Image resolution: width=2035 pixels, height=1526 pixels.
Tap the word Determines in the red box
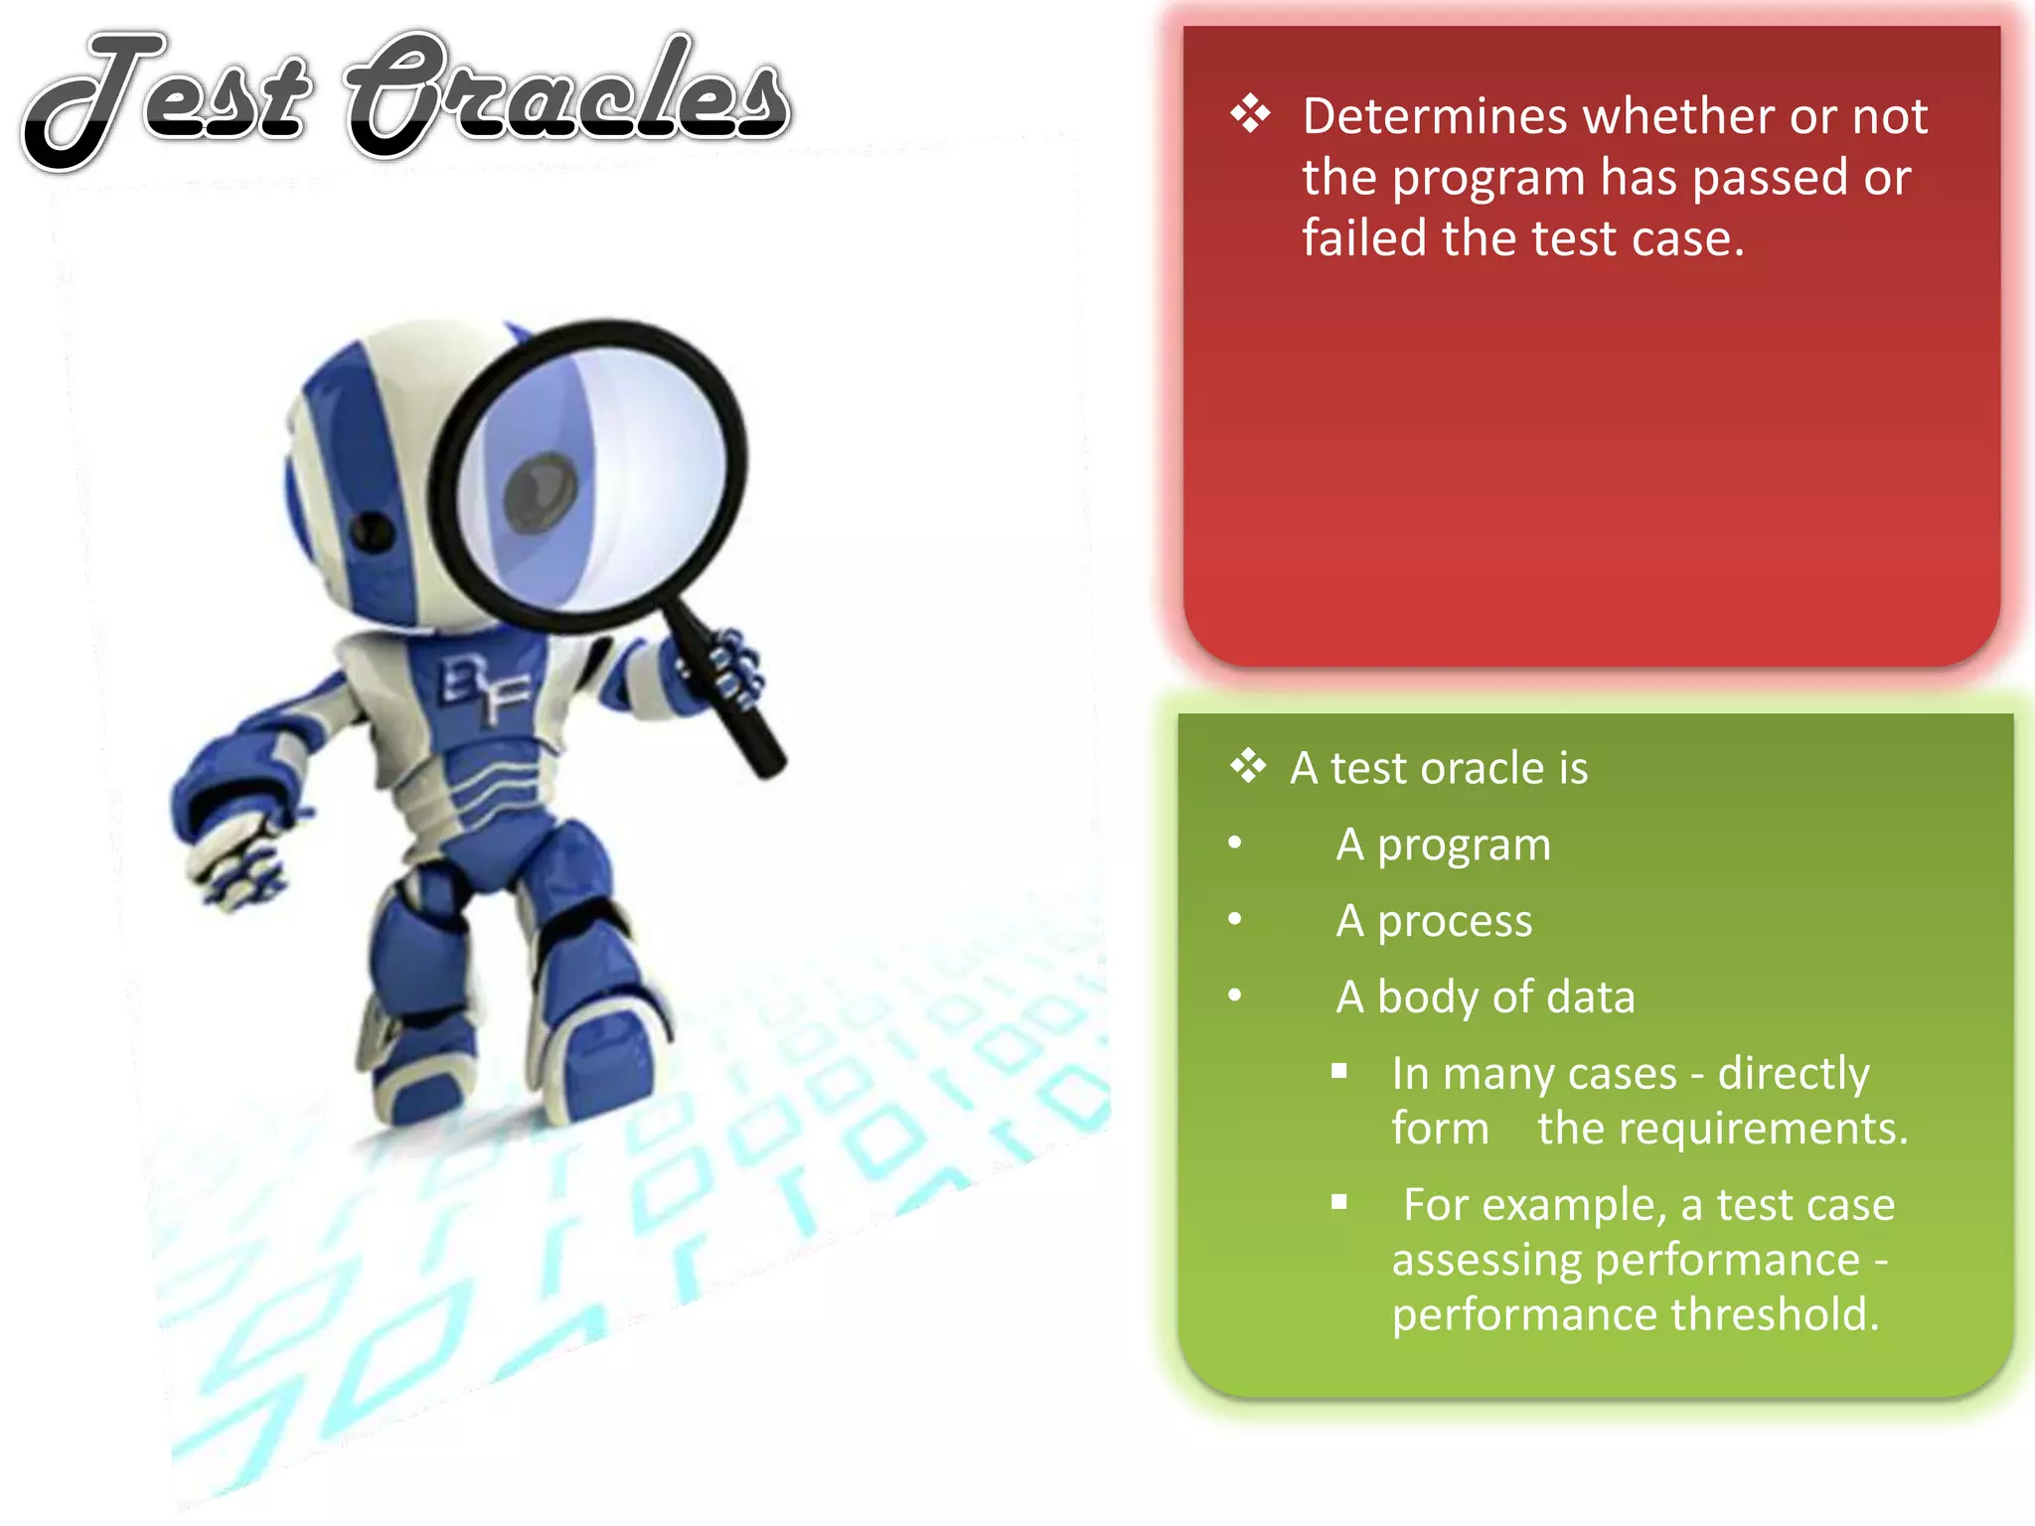pyautogui.click(x=1439, y=116)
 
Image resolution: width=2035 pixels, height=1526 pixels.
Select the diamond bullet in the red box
pyautogui.click(x=1250, y=114)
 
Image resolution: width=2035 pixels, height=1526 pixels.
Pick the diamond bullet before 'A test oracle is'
pyautogui.click(x=1248, y=767)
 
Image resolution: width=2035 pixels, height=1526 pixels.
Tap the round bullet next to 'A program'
pyautogui.click(x=1235, y=843)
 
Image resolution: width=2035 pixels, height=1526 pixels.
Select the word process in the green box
pyautogui.click(x=1455, y=921)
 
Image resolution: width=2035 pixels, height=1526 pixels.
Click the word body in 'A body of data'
pyautogui.click(x=1427, y=997)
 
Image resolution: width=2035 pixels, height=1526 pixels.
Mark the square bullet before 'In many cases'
pyautogui.click(x=1339, y=1072)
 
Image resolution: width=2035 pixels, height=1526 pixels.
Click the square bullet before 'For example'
pyautogui.click(x=1339, y=1203)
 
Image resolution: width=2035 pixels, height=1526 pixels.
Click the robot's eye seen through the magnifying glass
pyautogui.click(x=542, y=493)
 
